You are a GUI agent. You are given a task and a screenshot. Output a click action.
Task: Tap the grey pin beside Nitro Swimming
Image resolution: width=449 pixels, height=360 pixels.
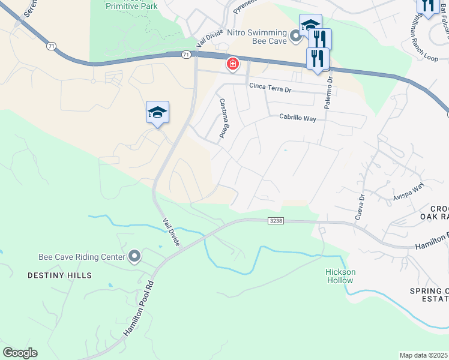click(295, 37)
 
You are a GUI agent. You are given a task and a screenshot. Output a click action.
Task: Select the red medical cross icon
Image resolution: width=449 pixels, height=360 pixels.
click(232, 64)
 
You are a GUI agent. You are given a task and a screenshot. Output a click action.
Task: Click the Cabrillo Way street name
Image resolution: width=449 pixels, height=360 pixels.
click(297, 118)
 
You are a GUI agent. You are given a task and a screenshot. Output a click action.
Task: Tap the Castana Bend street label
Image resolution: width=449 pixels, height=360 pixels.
click(222, 119)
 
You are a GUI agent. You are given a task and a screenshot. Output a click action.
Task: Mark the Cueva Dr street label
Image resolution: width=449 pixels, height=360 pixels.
click(360, 206)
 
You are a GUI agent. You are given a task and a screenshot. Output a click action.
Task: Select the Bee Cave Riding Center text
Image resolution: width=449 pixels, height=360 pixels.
click(82, 256)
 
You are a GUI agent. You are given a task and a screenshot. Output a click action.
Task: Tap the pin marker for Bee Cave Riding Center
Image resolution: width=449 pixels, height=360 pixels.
click(134, 257)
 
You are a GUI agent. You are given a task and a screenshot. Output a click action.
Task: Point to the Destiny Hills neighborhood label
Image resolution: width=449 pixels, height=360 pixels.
click(59, 275)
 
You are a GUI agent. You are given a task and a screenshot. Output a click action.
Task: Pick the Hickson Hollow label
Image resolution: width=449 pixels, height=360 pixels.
click(340, 276)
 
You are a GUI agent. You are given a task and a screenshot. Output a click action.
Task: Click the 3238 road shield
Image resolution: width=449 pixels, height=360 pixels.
click(276, 221)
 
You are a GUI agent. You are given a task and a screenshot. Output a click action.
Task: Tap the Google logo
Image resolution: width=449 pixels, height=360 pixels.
click(20, 353)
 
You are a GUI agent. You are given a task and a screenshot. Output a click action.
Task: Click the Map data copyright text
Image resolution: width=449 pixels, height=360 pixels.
click(423, 355)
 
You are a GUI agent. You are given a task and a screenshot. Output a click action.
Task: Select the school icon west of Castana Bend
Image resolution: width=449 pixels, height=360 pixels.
click(157, 112)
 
